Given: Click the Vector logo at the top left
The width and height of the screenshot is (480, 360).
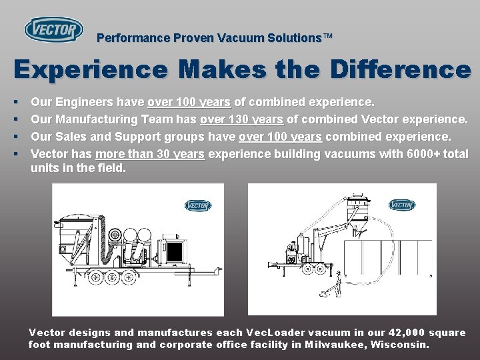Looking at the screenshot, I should [54, 29].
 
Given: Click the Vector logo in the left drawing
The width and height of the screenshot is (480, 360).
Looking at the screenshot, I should [198, 205].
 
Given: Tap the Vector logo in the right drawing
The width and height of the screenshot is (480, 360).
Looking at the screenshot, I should [401, 205].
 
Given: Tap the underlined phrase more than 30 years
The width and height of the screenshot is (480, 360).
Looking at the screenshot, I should [151, 154].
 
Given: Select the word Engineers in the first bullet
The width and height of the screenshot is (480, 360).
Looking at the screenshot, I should [87, 103].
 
